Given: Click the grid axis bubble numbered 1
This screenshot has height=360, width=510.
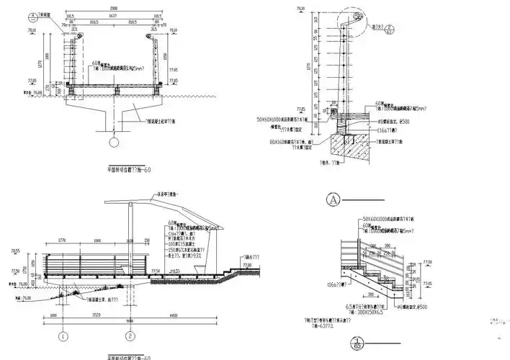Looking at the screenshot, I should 63,336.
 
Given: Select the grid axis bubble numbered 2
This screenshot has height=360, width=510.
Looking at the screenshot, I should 130,336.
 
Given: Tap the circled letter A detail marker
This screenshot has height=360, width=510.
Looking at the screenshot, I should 333,197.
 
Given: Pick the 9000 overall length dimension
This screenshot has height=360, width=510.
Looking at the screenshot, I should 130,320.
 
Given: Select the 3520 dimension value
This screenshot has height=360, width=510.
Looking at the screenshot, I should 97,315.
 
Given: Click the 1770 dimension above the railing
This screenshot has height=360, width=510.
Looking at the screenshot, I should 61,241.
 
